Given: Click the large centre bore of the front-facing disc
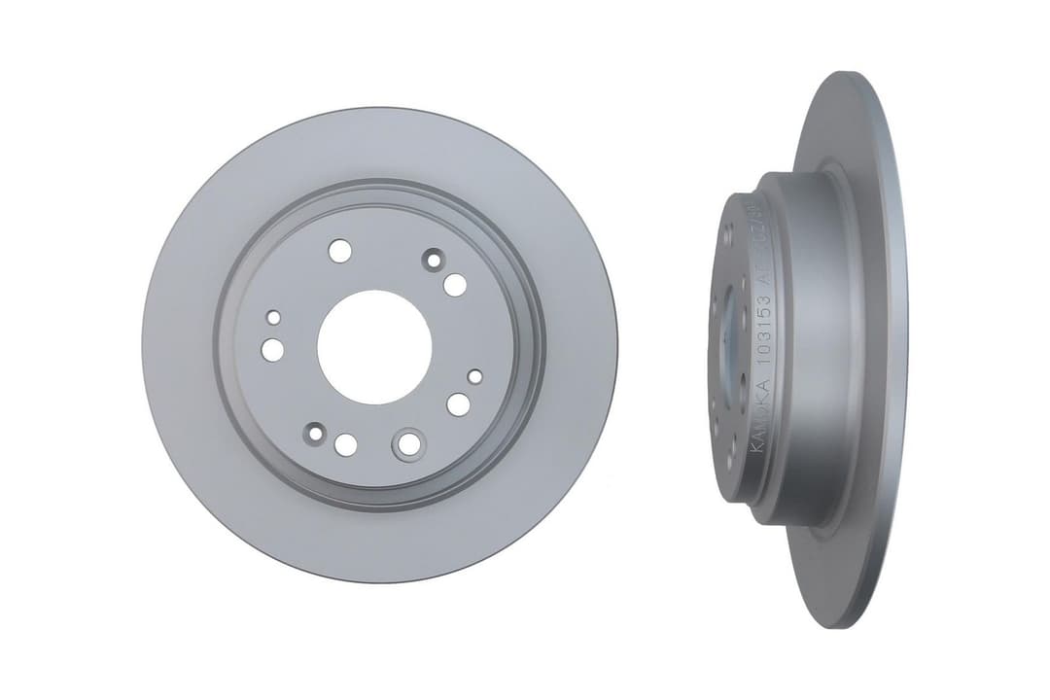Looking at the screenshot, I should pyautogui.click(x=374, y=347).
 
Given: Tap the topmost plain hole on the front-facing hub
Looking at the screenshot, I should pyautogui.click(x=339, y=251).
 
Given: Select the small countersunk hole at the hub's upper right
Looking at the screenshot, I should pyautogui.click(x=433, y=260).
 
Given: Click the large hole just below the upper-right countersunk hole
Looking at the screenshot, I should pyautogui.click(x=455, y=285).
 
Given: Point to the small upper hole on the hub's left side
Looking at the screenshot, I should pyautogui.click(x=274, y=318).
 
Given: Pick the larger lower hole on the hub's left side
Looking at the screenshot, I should pyautogui.click(x=273, y=350).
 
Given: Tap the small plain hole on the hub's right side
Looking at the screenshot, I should pyautogui.click(x=474, y=376).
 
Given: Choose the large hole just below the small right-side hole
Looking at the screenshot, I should pyautogui.click(x=458, y=404).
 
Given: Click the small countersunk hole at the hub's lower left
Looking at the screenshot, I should pyautogui.click(x=314, y=435).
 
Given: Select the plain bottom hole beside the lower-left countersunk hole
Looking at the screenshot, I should pyautogui.click(x=345, y=445).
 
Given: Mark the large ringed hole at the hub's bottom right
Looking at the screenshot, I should pyautogui.click(x=409, y=444).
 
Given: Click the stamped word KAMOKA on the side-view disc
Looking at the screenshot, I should pyautogui.click(x=760, y=418).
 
